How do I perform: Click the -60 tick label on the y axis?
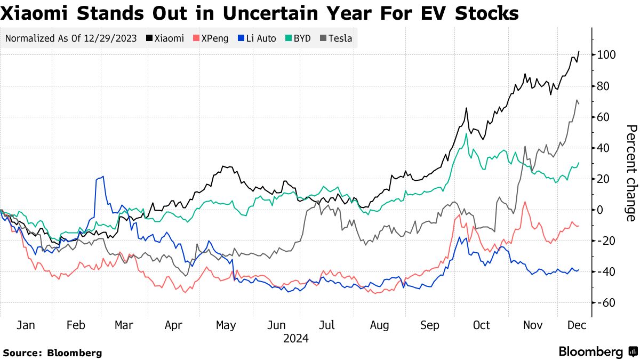click(x=607, y=303)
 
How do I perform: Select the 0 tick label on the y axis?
click(x=601, y=210)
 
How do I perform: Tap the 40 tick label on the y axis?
click(x=604, y=148)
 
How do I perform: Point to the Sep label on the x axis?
click(x=429, y=325)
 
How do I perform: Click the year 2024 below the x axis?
click(x=295, y=338)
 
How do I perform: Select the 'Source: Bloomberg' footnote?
click(x=52, y=353)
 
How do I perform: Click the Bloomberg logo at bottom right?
click(x=591, y=351)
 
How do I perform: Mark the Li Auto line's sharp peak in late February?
click(x=102, y=177)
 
